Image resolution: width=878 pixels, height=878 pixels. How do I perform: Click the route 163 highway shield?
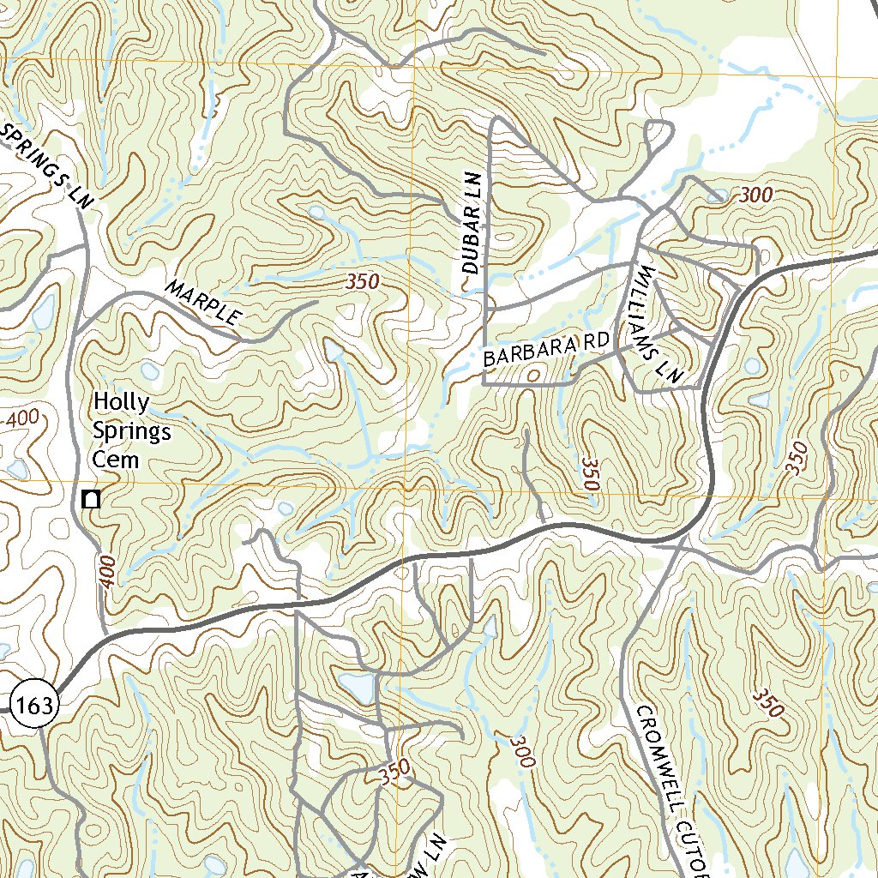(x=36, y=705)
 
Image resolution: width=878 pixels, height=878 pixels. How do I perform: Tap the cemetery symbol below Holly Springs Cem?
(x=91, y=498)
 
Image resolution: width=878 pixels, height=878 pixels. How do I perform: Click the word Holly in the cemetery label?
(x=121, y=401)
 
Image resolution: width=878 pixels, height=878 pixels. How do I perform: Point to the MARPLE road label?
(x=203, y=302)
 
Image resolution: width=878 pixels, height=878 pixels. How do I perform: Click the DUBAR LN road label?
(x=471, y=222)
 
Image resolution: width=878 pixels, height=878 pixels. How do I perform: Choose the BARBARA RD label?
(x=545, y=348)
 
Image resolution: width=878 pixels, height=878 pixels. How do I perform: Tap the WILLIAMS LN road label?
(x=657, y=323)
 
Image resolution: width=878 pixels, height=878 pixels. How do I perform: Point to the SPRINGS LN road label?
(x=47, y=164)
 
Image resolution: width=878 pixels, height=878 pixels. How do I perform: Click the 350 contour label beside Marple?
(x=363, y=282)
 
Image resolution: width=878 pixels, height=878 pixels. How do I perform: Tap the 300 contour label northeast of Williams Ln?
(x=755, y=195)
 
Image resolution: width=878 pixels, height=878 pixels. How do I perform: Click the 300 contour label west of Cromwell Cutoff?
(x=521, y=752)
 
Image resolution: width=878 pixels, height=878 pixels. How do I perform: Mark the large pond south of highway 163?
(x=358, y=687)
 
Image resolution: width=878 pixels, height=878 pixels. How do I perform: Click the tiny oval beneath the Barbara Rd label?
(x=533, y=375)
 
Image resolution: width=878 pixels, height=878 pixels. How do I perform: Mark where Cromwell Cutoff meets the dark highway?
(x=683, y=539)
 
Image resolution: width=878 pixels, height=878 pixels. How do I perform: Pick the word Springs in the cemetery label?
(x=132, y=431)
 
